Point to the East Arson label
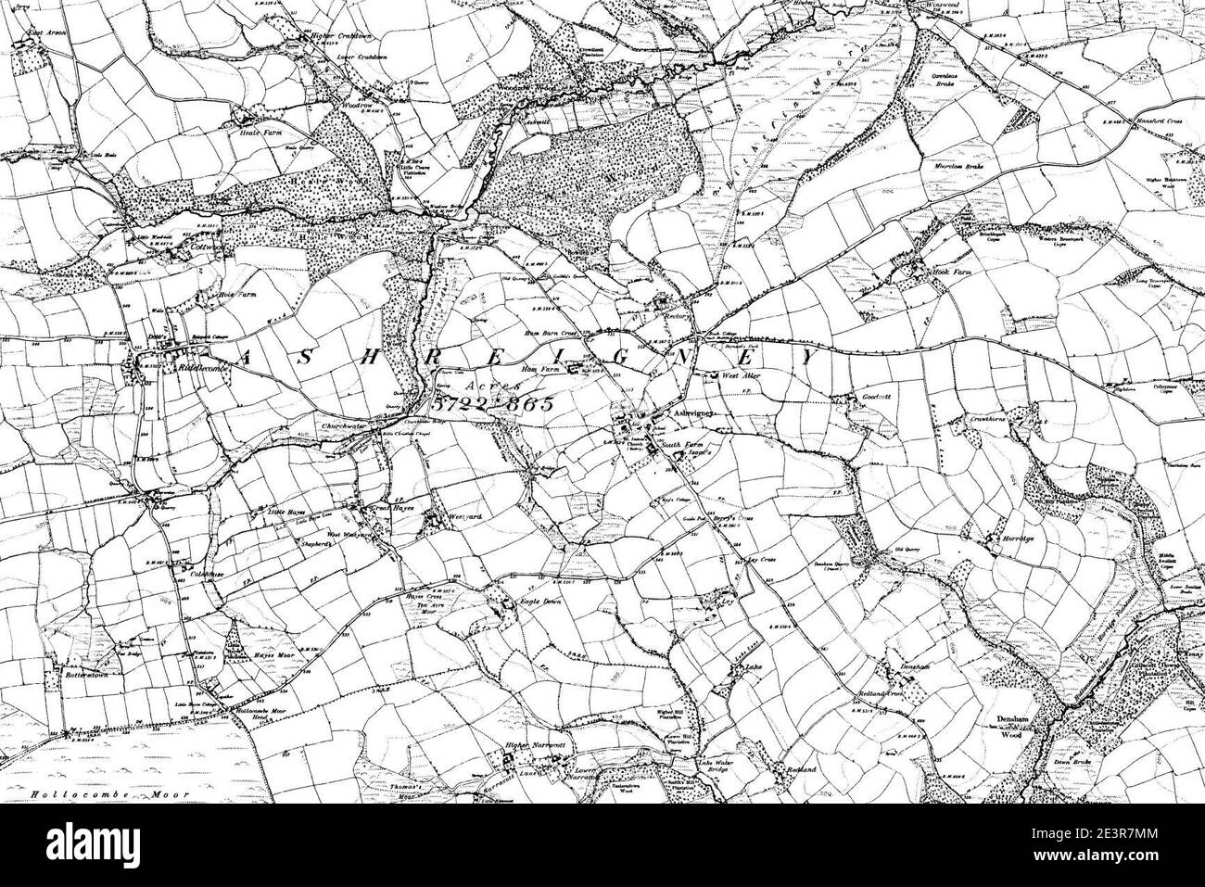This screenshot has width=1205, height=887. tap(49, 34)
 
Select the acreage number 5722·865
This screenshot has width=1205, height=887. tap(491, 405)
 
